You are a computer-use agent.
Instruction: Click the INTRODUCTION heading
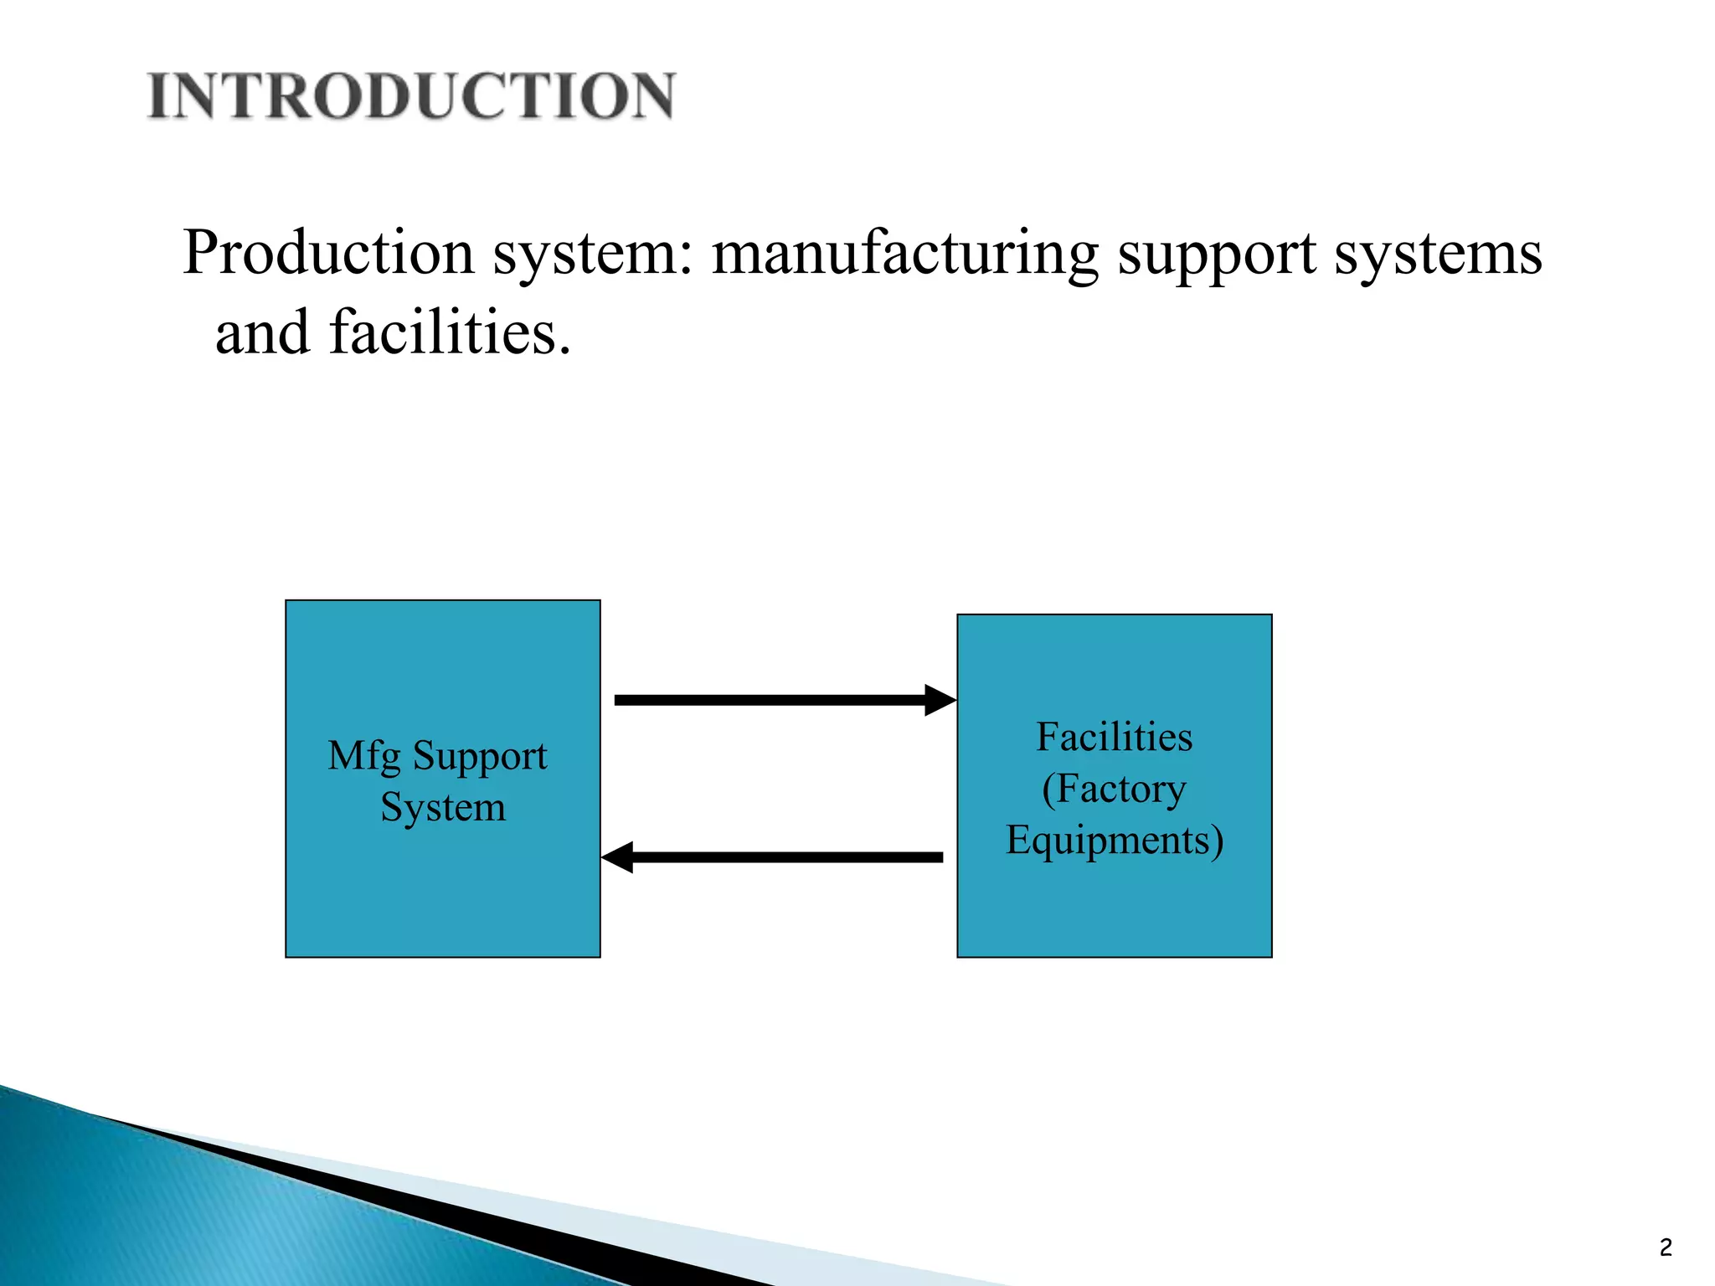click(410, 95)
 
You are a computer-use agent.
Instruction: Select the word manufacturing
click(904, 254)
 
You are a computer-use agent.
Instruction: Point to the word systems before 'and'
click(1438, 254)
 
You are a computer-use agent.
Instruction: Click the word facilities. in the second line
click(450, 332)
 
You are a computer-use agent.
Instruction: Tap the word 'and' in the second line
click(263, 333)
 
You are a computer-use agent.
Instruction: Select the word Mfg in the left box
click(363, 757)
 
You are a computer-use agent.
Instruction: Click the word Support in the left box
click(480, 757)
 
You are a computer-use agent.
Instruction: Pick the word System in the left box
click(443, 808)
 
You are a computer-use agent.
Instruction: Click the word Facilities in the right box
click(1114, 738)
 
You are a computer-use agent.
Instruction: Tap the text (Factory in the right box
click(1114, 790)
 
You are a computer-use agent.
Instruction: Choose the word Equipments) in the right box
click(1114, 841)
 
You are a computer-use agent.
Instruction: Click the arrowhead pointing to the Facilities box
click(940, 700)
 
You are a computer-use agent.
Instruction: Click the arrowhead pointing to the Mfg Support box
click(618, 857)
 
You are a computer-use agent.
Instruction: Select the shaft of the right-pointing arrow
click(769, 700)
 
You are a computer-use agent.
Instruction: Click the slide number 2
click(1666, 1248)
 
